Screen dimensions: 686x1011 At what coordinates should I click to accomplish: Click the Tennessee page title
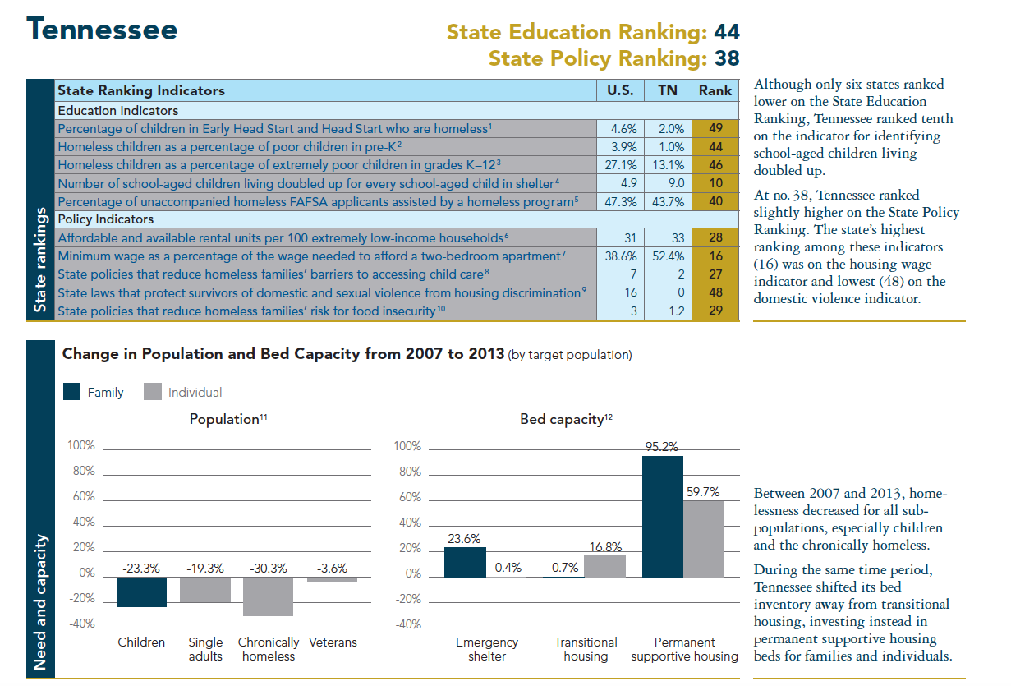pyautogui.click(x=103, y=30)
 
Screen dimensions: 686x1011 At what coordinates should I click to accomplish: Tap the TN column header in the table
pyautogui.click(x=668, y=90)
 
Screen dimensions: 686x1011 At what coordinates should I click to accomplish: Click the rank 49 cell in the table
pyautogui.click(x=715, y=128)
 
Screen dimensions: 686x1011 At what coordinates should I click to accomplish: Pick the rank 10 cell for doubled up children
pyautogui.click(x=715, y=183)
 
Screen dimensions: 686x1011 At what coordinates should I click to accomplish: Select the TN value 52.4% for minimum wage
pyautogui.click(x=668, y=256)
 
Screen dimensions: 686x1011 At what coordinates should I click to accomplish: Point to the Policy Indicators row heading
pyautogui.click(x=106, y=219)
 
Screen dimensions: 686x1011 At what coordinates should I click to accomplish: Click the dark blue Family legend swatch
pyautogui.click(x=72, y=392)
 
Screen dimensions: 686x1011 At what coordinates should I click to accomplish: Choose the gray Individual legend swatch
pyautogui.click(x=152, y=392)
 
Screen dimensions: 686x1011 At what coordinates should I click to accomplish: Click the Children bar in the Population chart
pyautogui.click(x=141, y=592)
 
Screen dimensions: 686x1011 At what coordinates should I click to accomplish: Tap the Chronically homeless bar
pyautogui.click(x=268, y=596)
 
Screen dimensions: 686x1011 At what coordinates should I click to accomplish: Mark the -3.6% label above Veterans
pyautogui.click(x=333, y=568)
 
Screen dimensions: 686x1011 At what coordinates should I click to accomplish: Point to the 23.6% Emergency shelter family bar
pyautogui.click(x=465, y=562)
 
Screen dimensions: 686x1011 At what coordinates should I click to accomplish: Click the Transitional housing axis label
pyautogui.click(x=586, y=649)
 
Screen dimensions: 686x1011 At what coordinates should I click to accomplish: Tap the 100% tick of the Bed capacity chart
pyautogui.click(x=408, y=446)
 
